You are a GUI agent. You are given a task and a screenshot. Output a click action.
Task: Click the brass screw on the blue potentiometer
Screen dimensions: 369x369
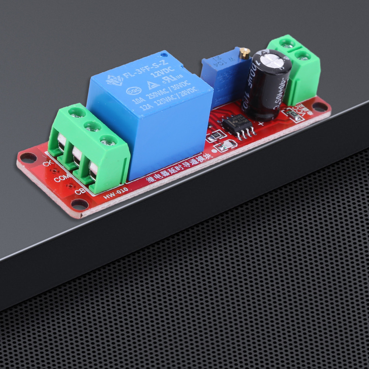click(x=243, y=54)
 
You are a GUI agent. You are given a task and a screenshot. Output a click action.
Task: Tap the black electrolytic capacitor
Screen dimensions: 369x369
click(x=266, y=85)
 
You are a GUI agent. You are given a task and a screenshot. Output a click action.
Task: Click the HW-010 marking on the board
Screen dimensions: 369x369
click(x=115, y=193)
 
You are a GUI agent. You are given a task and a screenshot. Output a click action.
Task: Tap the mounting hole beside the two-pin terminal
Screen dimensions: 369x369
click(x=319, y=107)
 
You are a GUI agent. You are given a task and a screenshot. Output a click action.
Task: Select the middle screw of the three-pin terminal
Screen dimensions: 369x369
click(x=92, y=127)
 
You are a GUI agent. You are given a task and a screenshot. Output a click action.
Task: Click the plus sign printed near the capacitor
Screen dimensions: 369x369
click(x=261, y=123)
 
